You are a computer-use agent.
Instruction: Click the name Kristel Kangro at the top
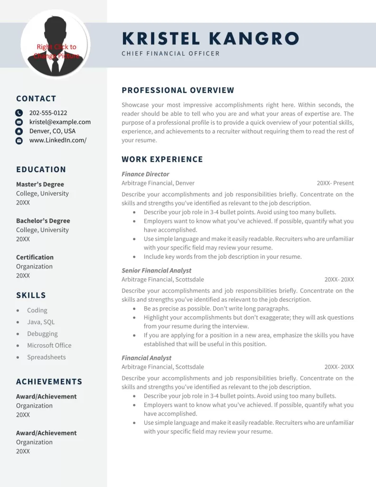pyautogui.click(x=210, y=39)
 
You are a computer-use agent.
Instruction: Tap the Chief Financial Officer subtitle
pyautogui.click(x=170, y=53)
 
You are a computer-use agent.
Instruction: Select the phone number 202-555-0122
pyautogui.click(x=48, y=113)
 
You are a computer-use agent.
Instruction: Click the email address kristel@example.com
pyautogui.click(x=60, y=122)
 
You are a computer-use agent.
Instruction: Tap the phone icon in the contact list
pyautogui.click(x=19, y=113)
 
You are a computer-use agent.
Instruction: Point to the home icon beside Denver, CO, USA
pyautogui.click(x=19, y=131)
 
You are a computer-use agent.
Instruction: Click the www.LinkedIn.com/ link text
pyautogui.click(x=58, y=140)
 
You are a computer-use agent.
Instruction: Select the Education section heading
pyautogui.click(x=41, y=169)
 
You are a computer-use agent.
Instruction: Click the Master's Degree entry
pyautogui.click(x=40, y=184)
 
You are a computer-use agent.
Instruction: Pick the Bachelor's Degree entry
pyautogui.click(x=43, y=221)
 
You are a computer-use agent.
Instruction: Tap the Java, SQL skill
pyautogui.click(x=41, y=322)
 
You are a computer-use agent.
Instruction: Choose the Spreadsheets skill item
pyautogui.click(x=47, y=357)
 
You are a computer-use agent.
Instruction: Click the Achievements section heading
pyautogui.click(x=49, y=381)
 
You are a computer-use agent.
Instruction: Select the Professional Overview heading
pyautogui.click(x=178, y=90)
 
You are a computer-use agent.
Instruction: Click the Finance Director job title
pyautogui.click(x=145, y=174)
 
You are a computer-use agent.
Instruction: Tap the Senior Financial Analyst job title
pyautogui.click(x=156, y=271)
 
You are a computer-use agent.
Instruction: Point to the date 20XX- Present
pyautogui.click(x=335, y=183)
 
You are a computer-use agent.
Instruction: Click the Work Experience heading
pyautogui.click(x=162, y=159)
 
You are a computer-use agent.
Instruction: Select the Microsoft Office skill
pyautogui.click(x=49, y=345)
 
